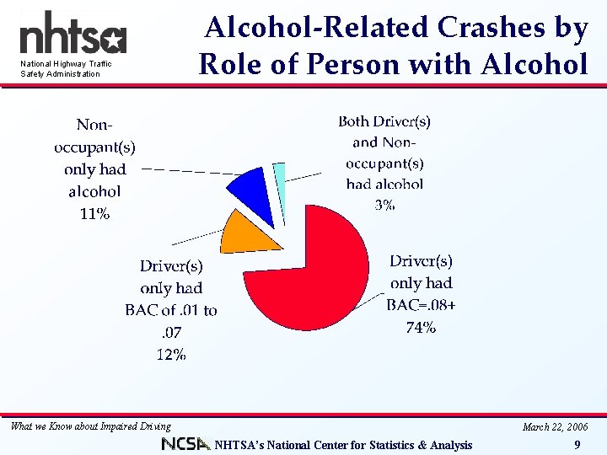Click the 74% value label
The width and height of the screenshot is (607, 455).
[420, 328]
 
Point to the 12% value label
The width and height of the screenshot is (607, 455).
[171, 355]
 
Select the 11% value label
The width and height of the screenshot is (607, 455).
[94, 213]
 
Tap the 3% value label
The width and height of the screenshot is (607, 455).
[384, 205]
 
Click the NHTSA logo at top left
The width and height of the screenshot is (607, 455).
[73, 35]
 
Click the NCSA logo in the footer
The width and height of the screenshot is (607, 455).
[186, 444]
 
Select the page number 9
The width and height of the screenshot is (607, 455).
[576, 445]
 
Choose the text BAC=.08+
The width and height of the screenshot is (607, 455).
[420, 305]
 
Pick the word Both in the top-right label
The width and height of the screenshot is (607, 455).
[358, 121]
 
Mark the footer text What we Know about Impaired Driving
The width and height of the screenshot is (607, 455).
[91, 426]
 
